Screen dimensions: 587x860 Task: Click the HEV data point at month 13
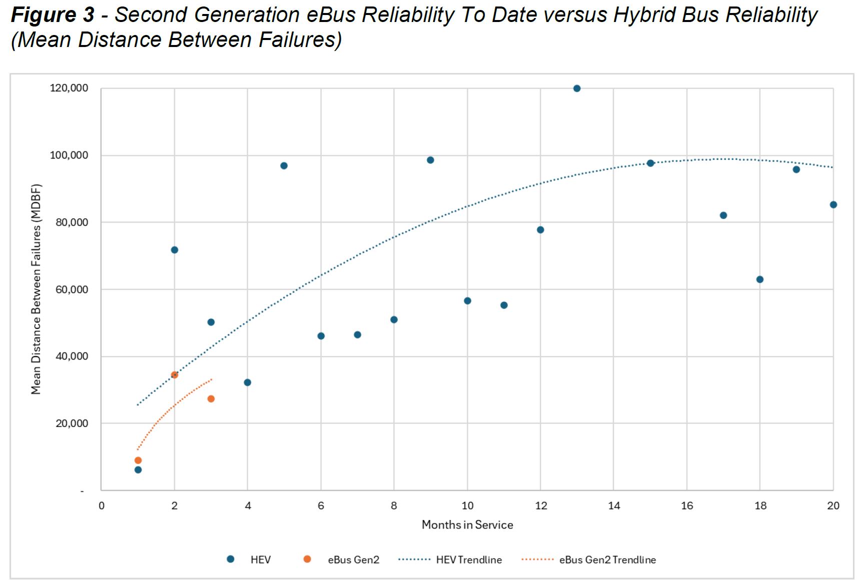click(577, 88)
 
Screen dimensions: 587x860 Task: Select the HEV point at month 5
click(284, 166)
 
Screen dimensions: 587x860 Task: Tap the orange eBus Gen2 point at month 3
click(211, 399)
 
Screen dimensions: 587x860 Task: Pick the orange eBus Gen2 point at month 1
click(138, 460)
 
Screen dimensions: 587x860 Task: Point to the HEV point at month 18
click(760, 279)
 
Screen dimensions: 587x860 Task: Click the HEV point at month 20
click(833, 205)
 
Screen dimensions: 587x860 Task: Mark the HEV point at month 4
click(247, 382)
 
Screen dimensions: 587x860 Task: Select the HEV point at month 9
click(430, 160)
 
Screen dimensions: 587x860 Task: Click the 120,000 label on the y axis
click(69, 88)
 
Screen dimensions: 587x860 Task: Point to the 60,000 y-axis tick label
click(72, 289)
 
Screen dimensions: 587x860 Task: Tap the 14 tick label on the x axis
click(614, 506)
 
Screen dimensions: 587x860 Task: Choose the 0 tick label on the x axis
click(102, 506)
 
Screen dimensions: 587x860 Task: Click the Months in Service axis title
click(467, 525)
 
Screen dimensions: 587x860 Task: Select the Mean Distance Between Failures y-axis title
click(36, 289)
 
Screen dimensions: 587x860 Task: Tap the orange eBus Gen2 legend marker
click(307, 559)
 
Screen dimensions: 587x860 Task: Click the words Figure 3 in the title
click(52, 15)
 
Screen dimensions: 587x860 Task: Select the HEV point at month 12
click(540, 230)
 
